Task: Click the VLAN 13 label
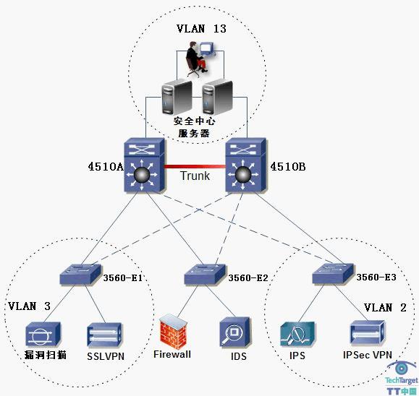(201, 29)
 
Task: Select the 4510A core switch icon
(144, 165)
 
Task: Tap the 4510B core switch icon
(246, 165)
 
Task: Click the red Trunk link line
(195, 167)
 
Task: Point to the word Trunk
(195, 176)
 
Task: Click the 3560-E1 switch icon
(80, 274)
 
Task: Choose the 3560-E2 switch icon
(205, 275)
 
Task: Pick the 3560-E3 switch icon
(333, 274)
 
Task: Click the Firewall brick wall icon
(173, 332)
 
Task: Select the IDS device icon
(235, 332)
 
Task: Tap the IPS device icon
(297, 334)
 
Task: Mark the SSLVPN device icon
(104, 335)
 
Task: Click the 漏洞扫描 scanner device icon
(43, 335)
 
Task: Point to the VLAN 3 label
(29, 306)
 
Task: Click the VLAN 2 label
(385, 308)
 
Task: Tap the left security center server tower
(177, 98)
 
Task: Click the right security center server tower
(217, 98)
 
